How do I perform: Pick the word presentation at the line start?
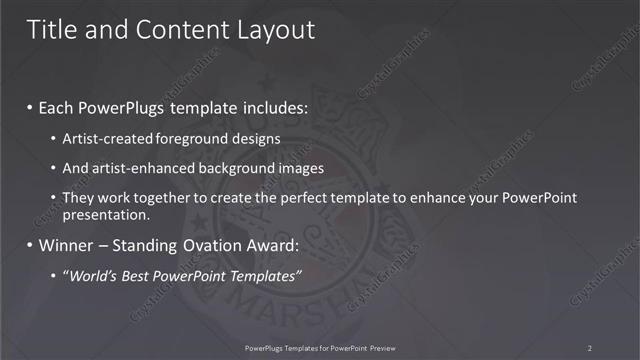point(106,214)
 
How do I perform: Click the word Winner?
point(67,245)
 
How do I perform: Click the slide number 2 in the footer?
point(590,348)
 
